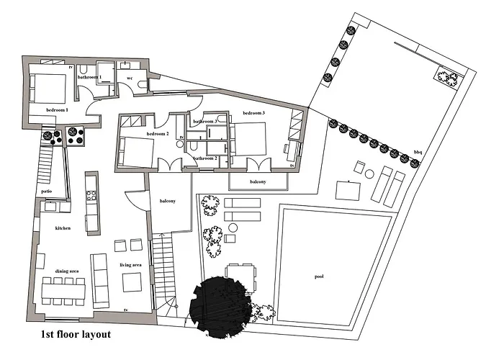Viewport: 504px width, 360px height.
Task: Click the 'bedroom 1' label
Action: (57, 110)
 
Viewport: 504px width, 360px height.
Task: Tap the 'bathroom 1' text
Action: (90, 76)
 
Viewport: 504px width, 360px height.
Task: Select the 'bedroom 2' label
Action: (158, 134)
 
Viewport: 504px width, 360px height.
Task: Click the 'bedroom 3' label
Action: (253, 114)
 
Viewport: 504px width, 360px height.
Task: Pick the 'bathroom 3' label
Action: (205, 122)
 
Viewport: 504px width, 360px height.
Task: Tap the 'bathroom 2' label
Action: (205, 158)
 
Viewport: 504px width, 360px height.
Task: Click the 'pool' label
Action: (319, 276)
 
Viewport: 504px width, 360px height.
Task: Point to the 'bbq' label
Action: (418, 152)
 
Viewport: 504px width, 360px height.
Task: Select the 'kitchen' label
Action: (63, 228)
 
